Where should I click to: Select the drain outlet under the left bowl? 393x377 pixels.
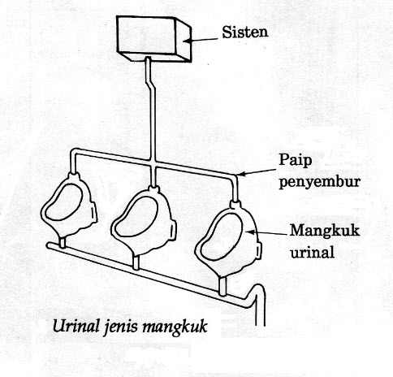(x=62, y=241)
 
